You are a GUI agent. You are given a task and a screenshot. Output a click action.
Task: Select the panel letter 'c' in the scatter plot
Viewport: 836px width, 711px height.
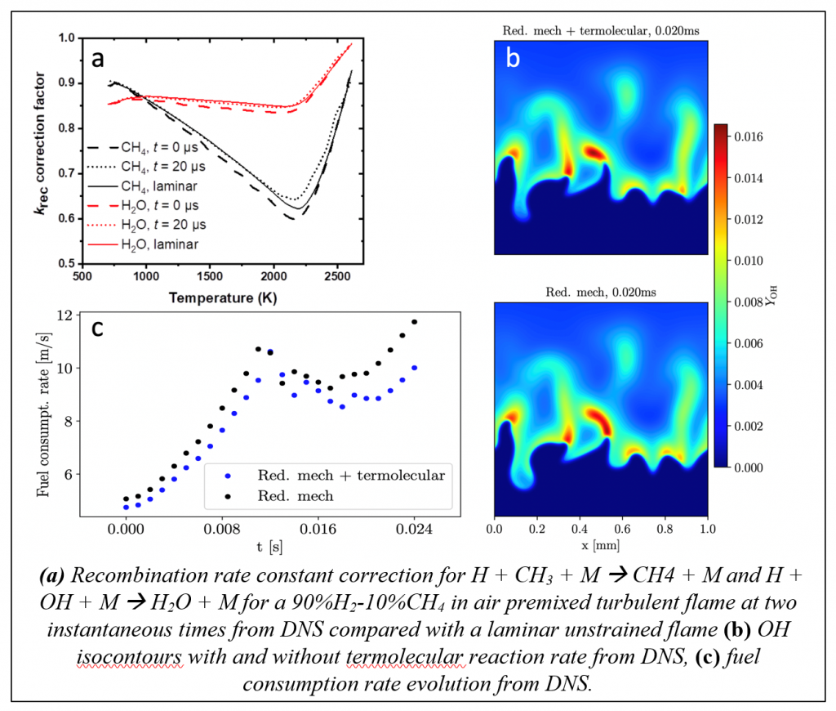(98, 328)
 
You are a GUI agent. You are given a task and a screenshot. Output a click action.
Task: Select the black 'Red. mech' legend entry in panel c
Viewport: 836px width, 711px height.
(296, 495)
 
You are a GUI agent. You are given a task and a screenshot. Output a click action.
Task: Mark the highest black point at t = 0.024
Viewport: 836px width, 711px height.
(415, 322)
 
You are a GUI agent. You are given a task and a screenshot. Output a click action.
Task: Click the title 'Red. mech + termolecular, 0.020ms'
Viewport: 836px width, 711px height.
(600, 30)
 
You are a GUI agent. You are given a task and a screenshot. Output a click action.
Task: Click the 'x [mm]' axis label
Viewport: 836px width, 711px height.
(600, 543)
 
